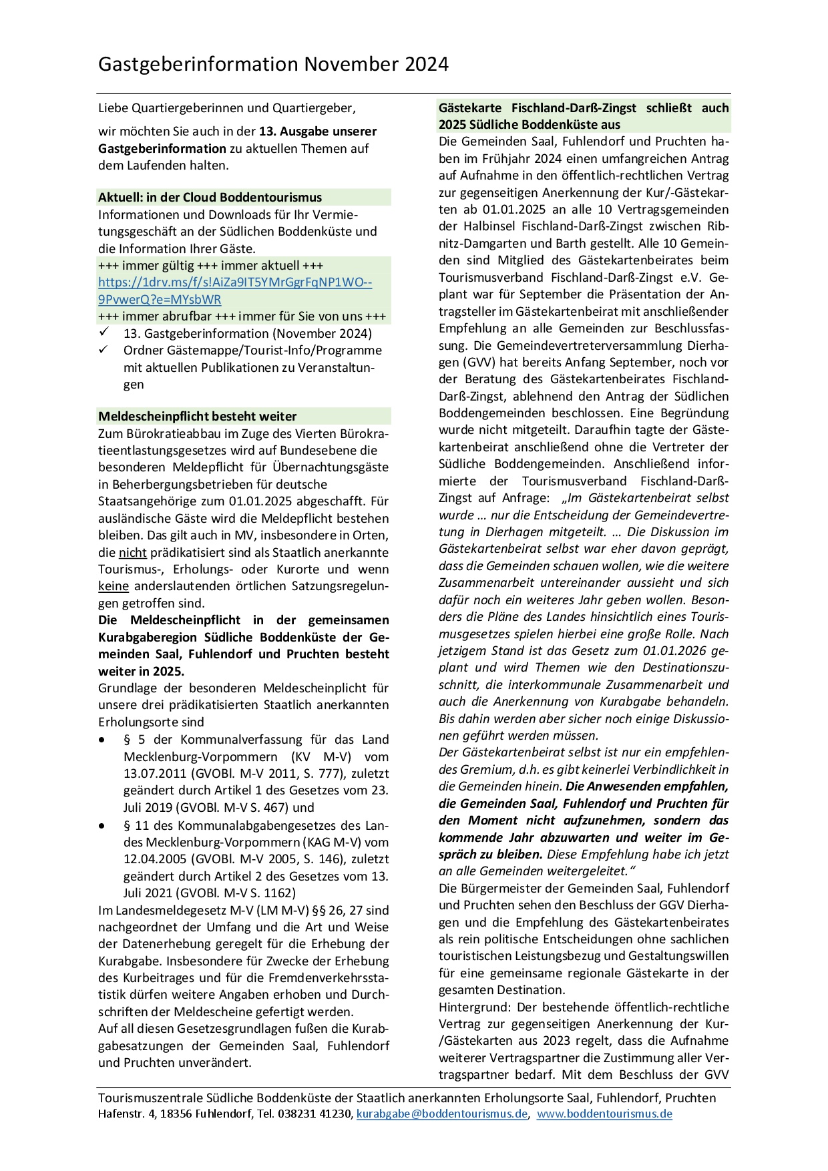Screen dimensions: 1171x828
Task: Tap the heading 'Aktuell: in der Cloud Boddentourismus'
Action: coord(210,198)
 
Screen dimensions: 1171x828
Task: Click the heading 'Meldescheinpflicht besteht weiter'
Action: coord(197,417)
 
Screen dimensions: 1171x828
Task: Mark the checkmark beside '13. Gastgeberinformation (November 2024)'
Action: coord(103,332)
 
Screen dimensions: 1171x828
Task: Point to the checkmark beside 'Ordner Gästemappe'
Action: coord(103,349)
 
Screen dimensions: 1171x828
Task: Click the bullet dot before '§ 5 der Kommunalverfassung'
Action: coord(101,740)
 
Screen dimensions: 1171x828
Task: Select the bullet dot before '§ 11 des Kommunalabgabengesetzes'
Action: coord(101,826)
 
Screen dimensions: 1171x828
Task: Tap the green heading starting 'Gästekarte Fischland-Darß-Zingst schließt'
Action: coord(583,116)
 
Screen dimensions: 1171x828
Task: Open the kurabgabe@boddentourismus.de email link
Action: coord(441,1114)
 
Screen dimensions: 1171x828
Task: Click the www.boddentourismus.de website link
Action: coord(604,1114)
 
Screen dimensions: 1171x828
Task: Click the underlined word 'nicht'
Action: coord(132,553)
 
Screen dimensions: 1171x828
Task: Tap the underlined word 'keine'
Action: coord(113,586)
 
